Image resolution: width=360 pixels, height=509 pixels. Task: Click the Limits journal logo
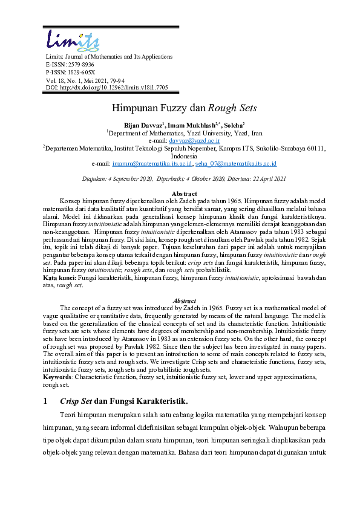coord(73,39)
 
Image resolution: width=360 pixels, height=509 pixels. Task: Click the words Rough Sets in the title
coord(233,109)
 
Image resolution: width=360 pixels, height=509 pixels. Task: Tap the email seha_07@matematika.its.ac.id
coord(236,163)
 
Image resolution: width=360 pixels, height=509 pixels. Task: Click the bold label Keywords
coord(61,376)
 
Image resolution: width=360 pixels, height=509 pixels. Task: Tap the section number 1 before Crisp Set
coord(46,400)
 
